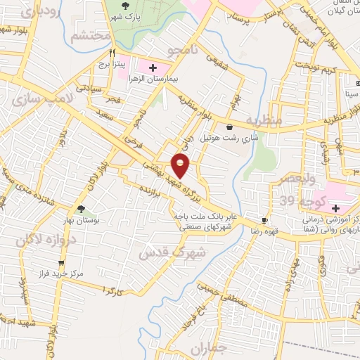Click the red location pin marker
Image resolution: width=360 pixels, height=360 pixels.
[181, 165]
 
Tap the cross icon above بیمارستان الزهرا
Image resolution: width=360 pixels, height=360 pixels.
[153, 67]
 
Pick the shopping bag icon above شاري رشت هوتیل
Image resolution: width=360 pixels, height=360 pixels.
[230, 126]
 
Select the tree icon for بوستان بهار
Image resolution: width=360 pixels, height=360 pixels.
[83, 210]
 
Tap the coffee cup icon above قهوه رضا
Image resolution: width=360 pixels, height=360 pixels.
[265, 220]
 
